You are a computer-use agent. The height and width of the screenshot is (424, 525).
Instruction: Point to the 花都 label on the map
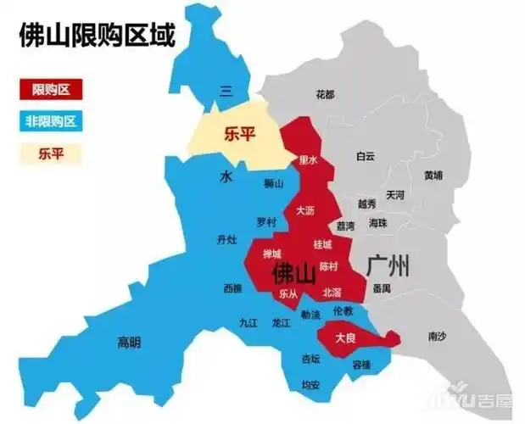(x=325, y=93)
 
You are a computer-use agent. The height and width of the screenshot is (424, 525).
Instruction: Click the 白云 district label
(x=366, y=156)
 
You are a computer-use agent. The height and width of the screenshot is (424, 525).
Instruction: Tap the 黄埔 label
(x=433, y=176)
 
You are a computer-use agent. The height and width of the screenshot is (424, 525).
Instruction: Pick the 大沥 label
(x=305, y=209)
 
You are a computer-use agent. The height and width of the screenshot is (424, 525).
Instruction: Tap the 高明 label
(x=128, y=343)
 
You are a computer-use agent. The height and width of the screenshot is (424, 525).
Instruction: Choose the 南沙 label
(x=437, y=337)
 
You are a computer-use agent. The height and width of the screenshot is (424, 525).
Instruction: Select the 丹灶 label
(x=226, y=240)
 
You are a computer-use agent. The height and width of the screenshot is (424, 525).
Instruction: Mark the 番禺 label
(x=381, y=289)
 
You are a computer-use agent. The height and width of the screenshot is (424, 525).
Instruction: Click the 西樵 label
(x=232, y=288)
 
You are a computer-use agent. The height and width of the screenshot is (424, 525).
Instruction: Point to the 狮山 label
(x=273, y=182)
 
